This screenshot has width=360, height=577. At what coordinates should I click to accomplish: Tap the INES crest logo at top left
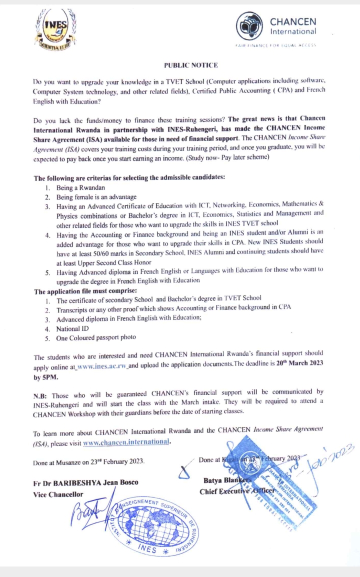pyautogui.click(x=56, y=29)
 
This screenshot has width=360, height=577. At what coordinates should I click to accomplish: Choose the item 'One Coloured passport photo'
pyautogui.click(x=96, y=337)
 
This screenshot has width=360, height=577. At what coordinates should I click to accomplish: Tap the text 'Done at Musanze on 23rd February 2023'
pyautogui.click(x=89, y=462)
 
